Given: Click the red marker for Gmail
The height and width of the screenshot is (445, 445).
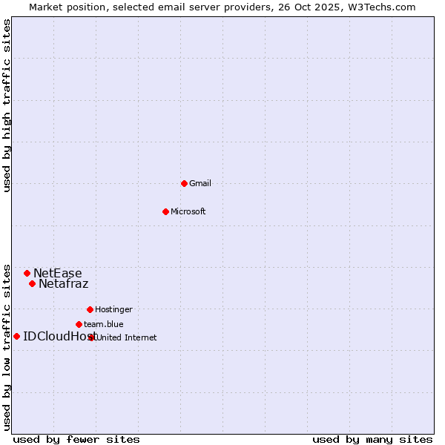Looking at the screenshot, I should [184, 183].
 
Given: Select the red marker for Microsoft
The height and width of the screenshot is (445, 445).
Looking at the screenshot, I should [165, 211].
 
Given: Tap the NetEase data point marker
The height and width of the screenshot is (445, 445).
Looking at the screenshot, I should [27, 273].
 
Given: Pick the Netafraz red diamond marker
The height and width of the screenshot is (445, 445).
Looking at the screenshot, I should [32, 283].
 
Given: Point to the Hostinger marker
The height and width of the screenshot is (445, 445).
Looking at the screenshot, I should [90, 309].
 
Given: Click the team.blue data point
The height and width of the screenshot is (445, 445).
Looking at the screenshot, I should [79, 324].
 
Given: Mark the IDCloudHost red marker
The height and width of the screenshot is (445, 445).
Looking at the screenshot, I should [16, 336].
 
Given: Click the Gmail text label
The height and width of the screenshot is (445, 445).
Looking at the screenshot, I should [200, 183].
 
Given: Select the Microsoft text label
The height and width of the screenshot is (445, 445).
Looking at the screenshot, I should [188, 211].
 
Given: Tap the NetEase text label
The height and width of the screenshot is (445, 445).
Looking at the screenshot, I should [57, 273].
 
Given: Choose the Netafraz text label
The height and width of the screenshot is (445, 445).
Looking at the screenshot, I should [63, 283].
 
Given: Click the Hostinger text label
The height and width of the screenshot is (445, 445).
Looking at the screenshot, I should [113, 309].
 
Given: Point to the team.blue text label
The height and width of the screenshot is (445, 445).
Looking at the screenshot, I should [103, 324].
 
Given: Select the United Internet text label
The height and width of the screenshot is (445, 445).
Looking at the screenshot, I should [127, 337].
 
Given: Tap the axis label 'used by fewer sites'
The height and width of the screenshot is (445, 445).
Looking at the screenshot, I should [76, 439].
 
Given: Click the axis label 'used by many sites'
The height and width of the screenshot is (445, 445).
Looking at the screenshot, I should [372, 439].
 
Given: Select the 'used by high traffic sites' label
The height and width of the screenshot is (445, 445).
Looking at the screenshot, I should [7, 105].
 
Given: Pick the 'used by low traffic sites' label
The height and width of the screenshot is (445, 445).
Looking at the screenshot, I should [7, 346].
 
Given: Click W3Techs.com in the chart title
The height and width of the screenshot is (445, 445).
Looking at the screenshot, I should [378, 7].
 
